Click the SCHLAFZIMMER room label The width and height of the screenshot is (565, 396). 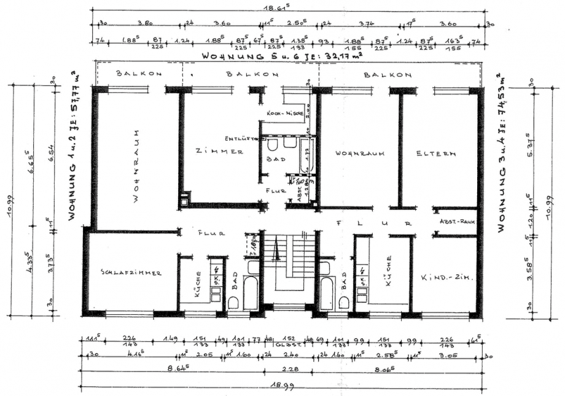133,272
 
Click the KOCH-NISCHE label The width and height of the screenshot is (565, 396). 285,114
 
